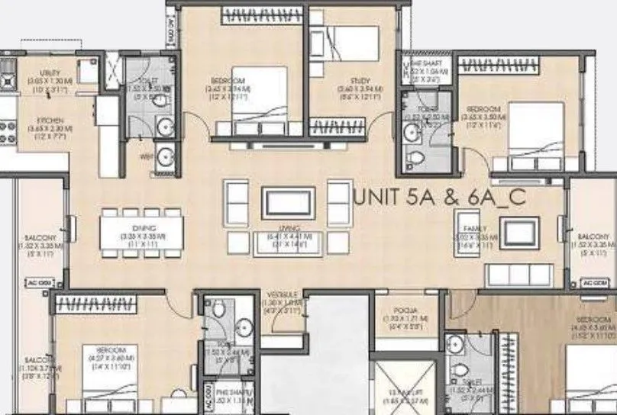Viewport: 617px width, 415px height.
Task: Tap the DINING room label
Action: pyautogui.click(x=142, y=228)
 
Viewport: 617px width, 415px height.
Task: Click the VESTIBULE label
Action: pyautogui.click(x=276, y=294)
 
